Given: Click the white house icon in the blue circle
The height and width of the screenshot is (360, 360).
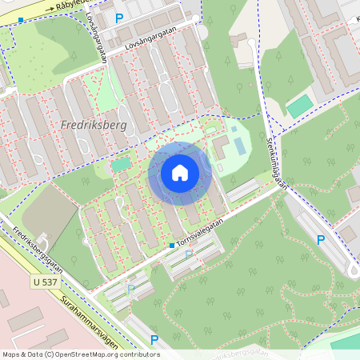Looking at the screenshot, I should pyautogui.click(x=180, y=172).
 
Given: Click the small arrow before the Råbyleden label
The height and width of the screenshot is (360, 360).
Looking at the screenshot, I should pyautogui.click(x=50, y=11).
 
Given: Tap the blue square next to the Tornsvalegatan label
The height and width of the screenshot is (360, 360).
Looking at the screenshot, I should pyautogui.click(x=171, y=245).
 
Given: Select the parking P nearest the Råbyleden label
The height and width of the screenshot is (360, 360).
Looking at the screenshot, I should pyautogui.click(x=119, y=18).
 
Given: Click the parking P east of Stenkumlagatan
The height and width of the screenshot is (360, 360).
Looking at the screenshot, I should pyautogui.click(x=321, y=239).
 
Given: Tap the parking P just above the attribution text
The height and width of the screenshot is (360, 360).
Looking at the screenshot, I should pyautogui.click(x=154, y=339).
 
